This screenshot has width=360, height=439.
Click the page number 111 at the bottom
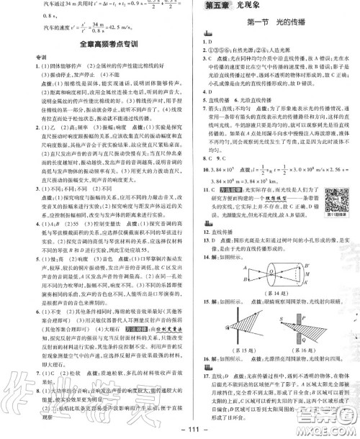pos(180,430)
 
